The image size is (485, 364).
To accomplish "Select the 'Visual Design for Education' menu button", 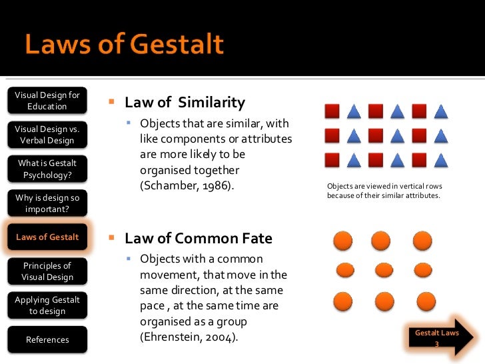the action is [47, 101].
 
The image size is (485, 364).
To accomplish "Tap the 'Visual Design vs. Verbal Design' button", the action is [47, 135].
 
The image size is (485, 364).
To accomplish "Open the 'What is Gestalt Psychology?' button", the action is [47, 169].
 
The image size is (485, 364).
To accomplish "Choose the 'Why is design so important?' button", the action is [47, 203].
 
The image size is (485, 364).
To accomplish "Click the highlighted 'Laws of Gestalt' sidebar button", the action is [47, 237].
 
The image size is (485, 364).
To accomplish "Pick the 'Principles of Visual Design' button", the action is [47, 271].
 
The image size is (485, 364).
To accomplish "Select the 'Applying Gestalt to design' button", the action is [47, 305].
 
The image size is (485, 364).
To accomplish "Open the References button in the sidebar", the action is [47, 340].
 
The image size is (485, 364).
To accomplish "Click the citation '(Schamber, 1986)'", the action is [187, 185].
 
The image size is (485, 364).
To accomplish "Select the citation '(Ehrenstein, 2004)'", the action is [189, 337].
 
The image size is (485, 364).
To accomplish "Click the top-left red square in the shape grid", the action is [332, 111].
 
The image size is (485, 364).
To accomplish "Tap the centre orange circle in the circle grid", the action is [384, 270].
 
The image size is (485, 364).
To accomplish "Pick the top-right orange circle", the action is [422, 241].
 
